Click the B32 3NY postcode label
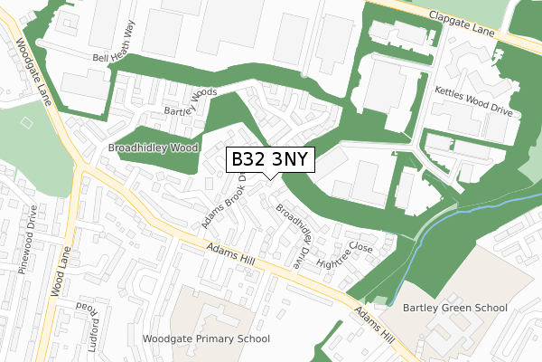[271, 159]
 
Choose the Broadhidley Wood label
[153, 148]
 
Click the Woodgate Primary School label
[206, 338]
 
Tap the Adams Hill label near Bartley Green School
[374, 324]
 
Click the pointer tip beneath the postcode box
[271, 176]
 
